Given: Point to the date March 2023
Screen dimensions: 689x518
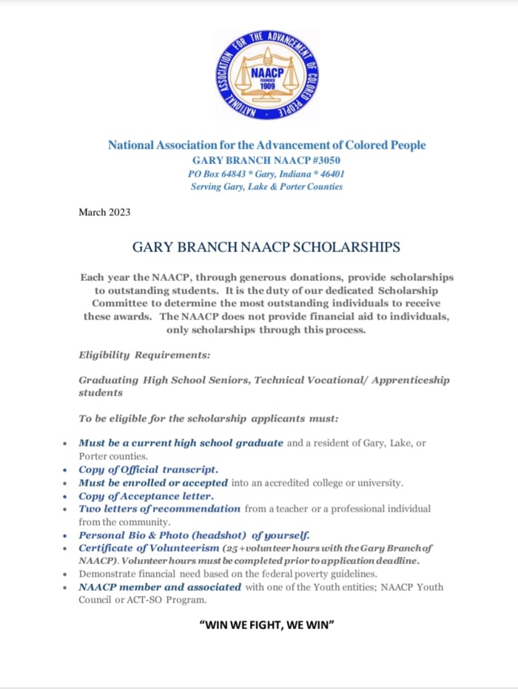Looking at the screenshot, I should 104,213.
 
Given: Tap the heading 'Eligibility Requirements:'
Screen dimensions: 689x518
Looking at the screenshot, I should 144,356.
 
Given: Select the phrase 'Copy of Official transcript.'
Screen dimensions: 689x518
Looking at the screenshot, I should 148,469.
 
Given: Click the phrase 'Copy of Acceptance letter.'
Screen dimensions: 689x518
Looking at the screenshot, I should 146,496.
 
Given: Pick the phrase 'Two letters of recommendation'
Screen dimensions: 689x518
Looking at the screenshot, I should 159,509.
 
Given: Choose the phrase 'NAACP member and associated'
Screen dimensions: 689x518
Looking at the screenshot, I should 160,587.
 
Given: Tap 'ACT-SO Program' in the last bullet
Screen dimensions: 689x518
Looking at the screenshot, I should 155,600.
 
